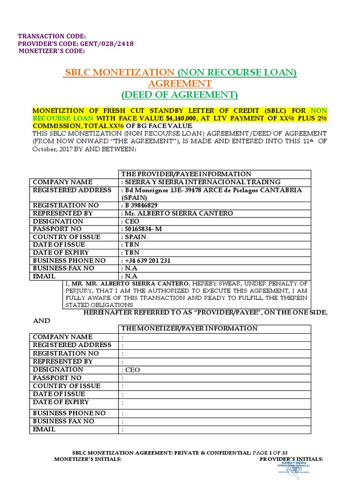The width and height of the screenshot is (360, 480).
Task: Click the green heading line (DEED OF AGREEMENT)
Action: click(180, 95)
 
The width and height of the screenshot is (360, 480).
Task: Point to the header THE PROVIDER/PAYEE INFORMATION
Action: click(186, 174)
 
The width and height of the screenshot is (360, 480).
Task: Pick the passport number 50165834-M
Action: click(145, 229)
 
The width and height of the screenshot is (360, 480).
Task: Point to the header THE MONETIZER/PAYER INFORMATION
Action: click(189, 329)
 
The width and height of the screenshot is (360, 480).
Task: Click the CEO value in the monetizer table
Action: click(132, 370)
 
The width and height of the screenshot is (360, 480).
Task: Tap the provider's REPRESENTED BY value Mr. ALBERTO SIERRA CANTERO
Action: click(178, 213)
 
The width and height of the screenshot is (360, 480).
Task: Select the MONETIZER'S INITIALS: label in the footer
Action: click(88, 459)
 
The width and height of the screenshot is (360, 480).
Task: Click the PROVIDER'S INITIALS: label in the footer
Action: click(291, 459)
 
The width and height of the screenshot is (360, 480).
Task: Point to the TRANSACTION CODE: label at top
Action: click(52, 36)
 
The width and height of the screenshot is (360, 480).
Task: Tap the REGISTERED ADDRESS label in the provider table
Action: click(72, 190)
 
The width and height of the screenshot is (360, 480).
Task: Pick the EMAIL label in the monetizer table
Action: click(44, 429)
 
